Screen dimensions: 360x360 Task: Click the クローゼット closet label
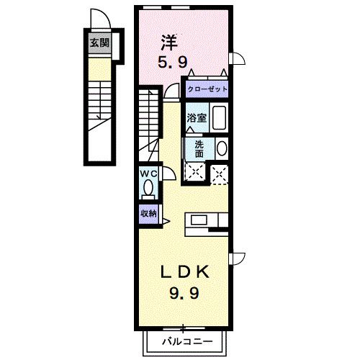(207, 89)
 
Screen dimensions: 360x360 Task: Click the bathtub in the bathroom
(220, 117)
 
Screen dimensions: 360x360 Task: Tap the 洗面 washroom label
(199, 148)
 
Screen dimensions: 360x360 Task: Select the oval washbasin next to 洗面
(222, 149)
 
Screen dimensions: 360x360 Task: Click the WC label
(148, 174)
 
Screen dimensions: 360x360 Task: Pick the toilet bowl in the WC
(148, 189)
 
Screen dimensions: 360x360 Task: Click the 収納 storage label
(148, 213)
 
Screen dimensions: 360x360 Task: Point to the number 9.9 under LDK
(185, 293)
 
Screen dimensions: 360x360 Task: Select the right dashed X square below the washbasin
(220, 171)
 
